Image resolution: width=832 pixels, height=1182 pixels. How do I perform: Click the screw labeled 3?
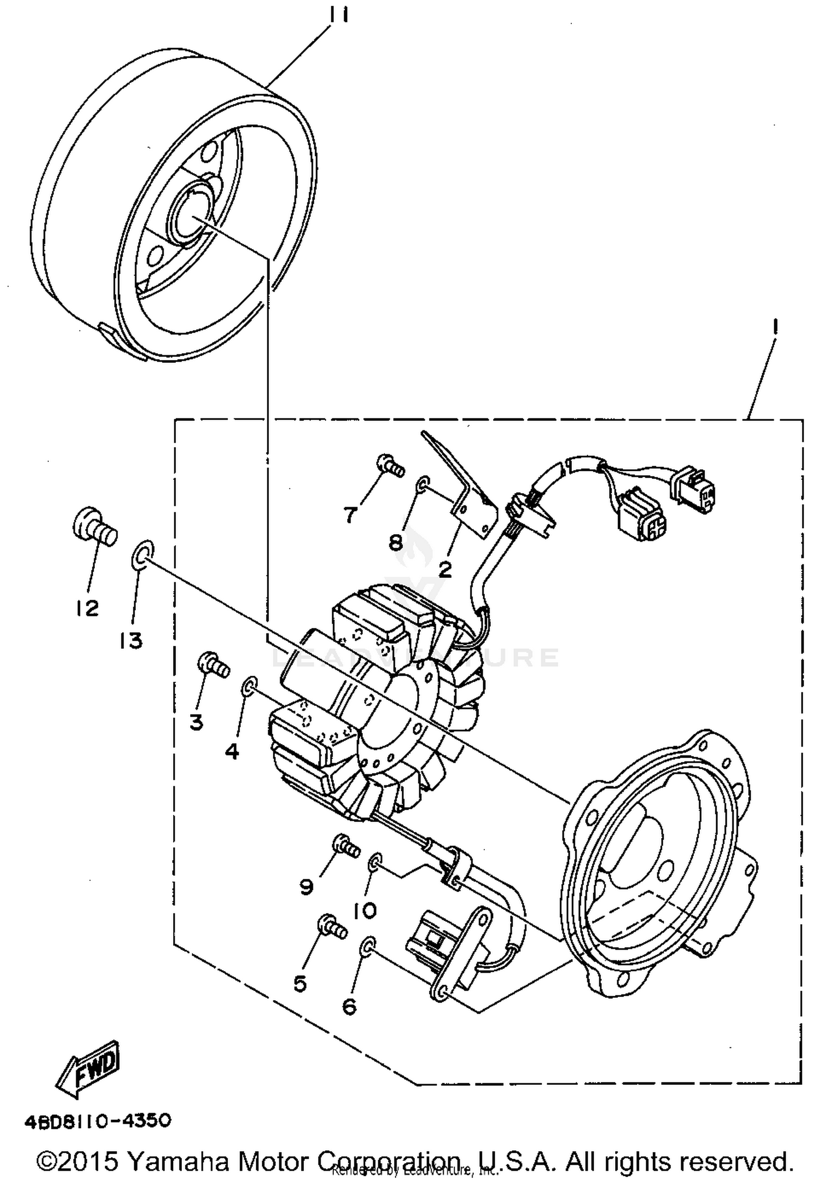(213, 664)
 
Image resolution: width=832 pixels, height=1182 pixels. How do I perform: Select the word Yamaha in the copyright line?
(177, 1160)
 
